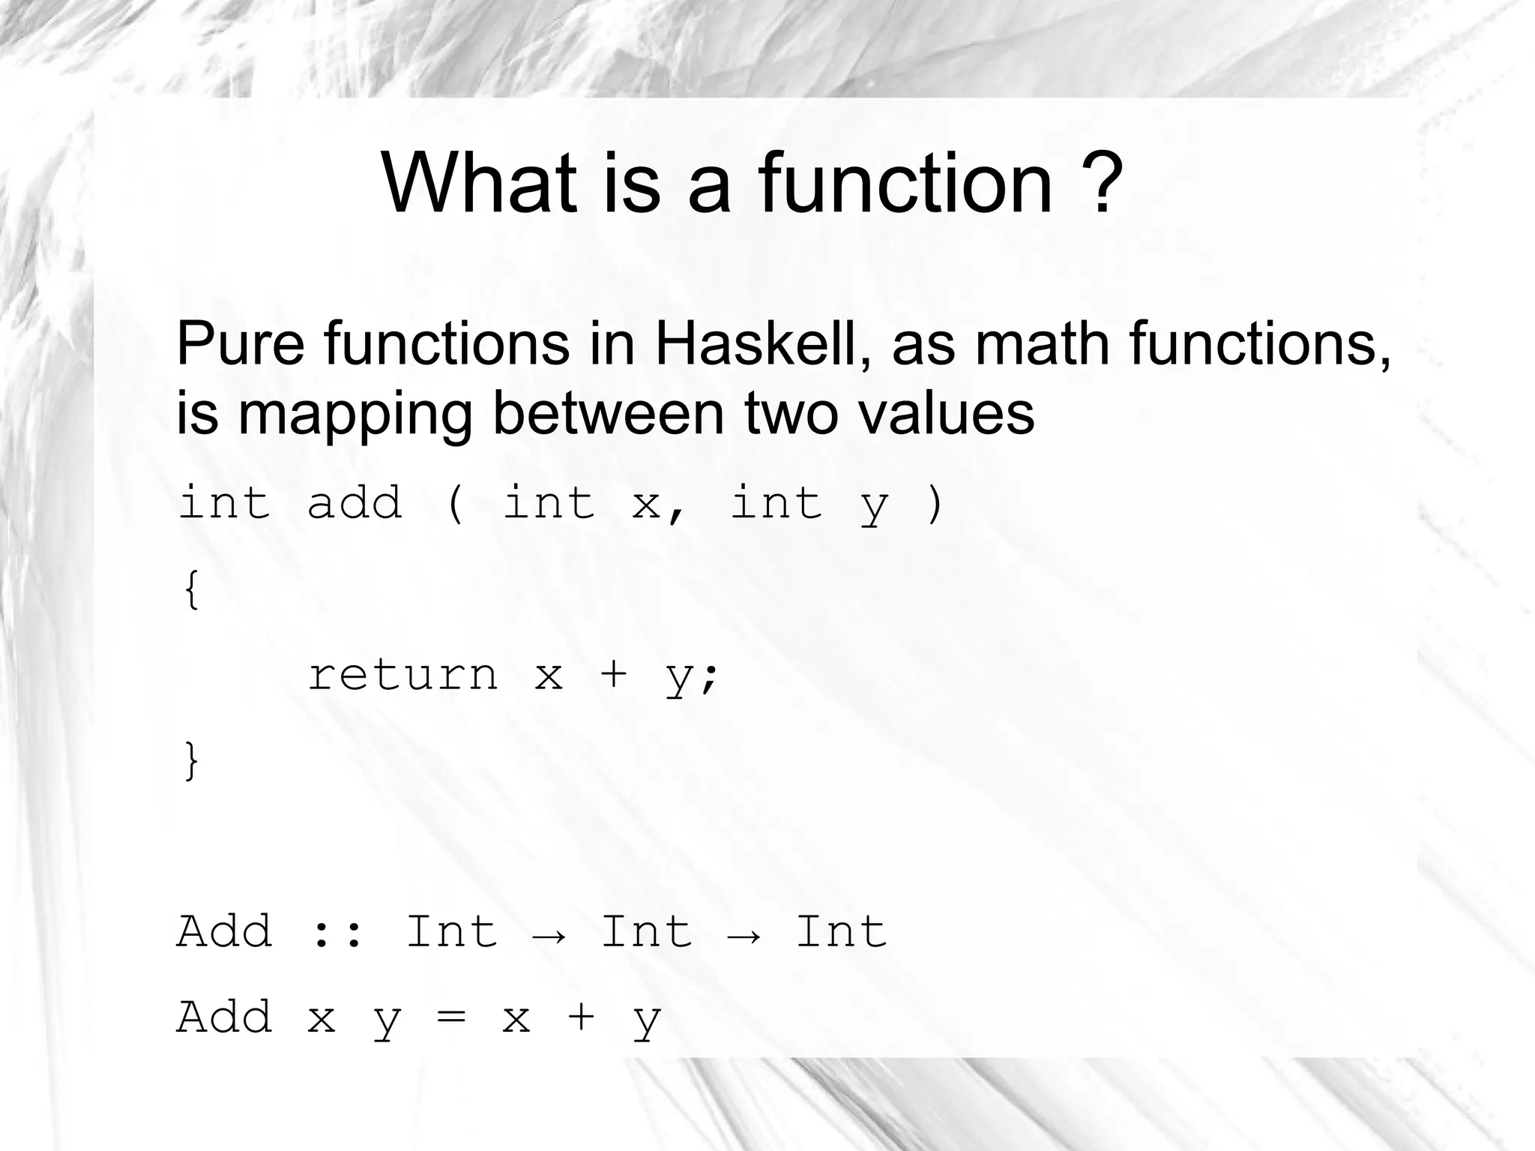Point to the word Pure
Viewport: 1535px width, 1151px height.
click(x=241, y=343)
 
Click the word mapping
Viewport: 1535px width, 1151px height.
click(x=355, y=415)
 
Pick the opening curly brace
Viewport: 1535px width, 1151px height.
click(x=191, y=589)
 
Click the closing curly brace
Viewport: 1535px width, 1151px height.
click(x=191, y=760)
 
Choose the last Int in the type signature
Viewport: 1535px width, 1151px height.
click(x=841, y=931)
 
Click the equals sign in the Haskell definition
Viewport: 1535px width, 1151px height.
click(x=451, y=1018)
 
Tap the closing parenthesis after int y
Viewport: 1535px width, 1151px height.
click(x=935, y=504)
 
